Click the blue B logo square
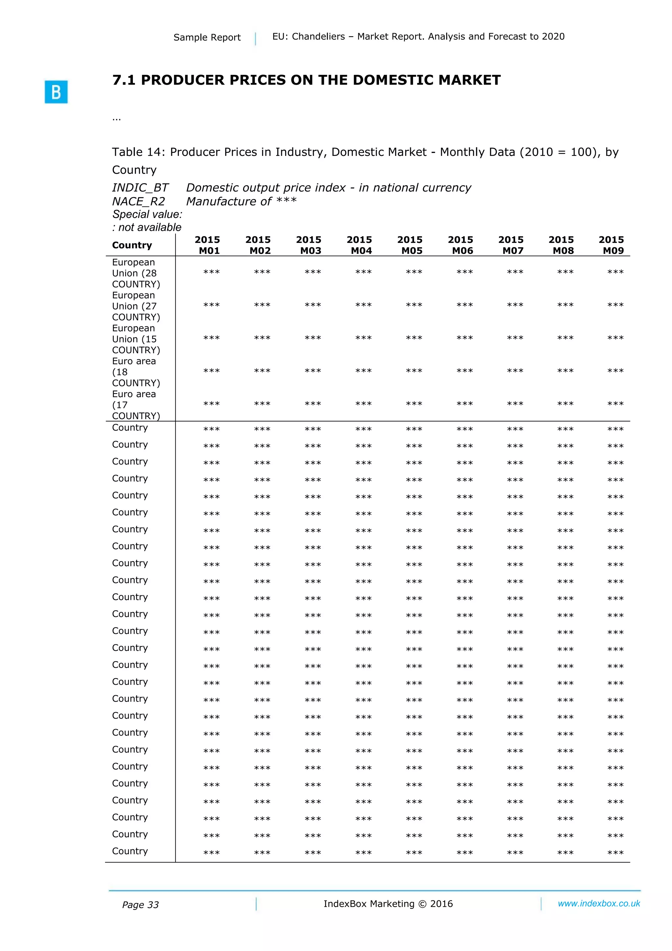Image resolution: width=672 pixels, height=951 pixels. (x=56, y=92)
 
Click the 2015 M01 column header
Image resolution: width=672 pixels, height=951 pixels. (x=207, y=245)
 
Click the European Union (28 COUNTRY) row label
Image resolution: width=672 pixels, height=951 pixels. (x=136, y=273)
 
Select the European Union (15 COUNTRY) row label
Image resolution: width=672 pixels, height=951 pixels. (x=136, y=339)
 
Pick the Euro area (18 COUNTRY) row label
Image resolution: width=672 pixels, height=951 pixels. (x=136, y=372)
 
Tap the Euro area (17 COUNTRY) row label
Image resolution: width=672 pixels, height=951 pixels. (x=136, y=405)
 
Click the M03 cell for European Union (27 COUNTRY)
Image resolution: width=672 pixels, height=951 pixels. (x=313, y=306)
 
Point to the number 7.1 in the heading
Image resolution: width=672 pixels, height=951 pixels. (x=124, y=80)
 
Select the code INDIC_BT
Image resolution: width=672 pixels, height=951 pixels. (x=140, y=188)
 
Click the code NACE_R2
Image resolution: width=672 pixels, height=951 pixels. (x=138, y=201)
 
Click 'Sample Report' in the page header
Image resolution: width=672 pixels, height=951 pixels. (x=207, y=37)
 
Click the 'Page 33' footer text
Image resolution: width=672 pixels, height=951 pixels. (x=140, y=905)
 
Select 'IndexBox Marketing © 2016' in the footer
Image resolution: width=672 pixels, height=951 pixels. (x=388, y=904)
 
